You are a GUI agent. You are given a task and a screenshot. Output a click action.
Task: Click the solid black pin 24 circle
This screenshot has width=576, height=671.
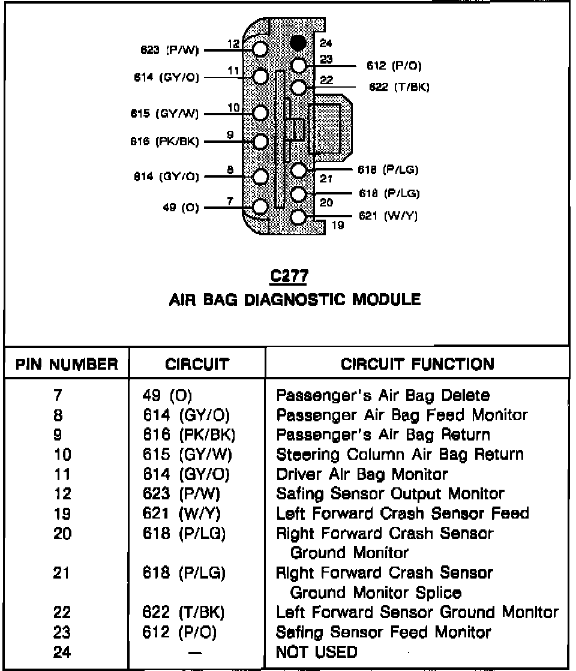click(298, 43)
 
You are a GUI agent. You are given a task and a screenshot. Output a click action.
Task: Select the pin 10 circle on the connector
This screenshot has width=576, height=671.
click(260, 113)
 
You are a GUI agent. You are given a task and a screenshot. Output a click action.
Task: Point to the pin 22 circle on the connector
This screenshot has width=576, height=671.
click(298, 88)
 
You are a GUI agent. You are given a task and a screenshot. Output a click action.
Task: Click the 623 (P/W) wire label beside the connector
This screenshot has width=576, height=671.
click(169, 50)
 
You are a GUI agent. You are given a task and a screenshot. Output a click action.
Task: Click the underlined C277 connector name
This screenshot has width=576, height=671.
click(289, 277)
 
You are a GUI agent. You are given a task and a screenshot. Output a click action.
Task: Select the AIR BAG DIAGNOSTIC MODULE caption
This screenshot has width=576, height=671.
click(295, 299)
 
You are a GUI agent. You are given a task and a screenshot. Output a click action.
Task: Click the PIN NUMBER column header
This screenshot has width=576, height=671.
click(67, 364)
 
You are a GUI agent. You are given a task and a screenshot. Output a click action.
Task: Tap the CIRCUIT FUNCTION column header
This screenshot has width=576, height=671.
click(418, 364)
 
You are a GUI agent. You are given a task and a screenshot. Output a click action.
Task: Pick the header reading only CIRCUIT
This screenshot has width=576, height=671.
click(197, 364)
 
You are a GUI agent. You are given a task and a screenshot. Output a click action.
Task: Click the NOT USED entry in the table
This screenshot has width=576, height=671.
click(316, 651)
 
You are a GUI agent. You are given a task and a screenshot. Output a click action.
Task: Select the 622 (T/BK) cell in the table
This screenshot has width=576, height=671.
click(183, 613)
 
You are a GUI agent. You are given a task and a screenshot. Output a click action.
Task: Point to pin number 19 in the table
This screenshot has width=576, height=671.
click(62, 514)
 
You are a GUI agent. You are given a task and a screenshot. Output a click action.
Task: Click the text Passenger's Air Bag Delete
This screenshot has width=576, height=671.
click(383, 396)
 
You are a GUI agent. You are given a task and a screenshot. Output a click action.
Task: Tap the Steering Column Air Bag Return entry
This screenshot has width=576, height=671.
click(400, 454)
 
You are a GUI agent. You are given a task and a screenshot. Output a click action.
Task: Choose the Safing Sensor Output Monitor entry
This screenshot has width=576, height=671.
click(390, 494)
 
